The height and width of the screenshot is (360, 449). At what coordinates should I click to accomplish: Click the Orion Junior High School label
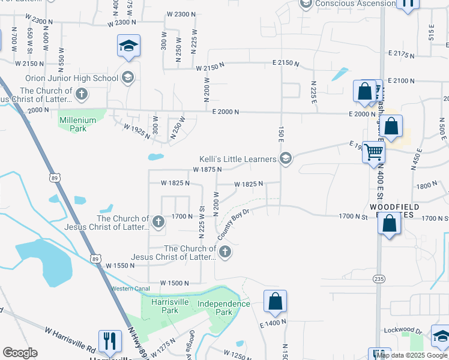click(x=71, y=78)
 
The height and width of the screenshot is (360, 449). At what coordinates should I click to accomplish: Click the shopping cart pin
click(x=373, y=152)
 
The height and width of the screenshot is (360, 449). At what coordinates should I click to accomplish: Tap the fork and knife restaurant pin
click(x=109, y=341)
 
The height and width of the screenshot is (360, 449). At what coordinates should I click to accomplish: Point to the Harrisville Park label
click(x=164, y=307)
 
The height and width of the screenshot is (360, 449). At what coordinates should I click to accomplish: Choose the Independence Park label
click(x=224, y=308)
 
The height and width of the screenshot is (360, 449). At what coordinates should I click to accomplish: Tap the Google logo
click(x=20, y=353)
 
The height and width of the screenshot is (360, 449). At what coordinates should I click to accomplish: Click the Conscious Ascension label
click(x=355, y=4)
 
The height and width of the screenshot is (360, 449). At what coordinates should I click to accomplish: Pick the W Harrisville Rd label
click(x=70, y=340)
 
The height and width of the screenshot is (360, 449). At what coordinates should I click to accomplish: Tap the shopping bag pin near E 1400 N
click(x=275, y=302)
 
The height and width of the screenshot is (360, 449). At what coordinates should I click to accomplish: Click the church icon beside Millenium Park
click(x=82, y=94)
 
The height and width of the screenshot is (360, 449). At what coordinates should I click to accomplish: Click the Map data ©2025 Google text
click(x=412, y=355)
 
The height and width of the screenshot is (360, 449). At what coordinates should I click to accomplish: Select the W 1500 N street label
click(x=175, y=283)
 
